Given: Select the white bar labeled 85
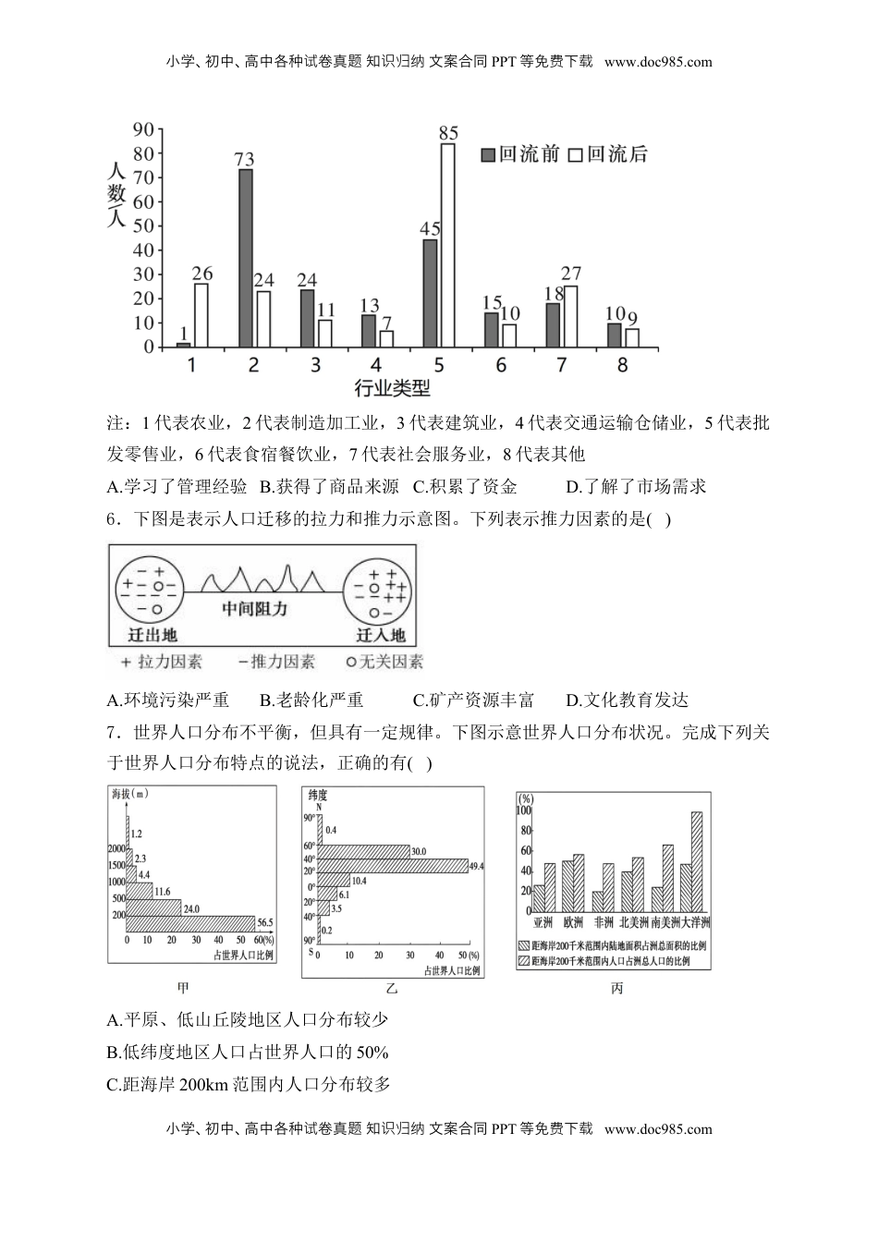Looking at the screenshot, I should coord(448,245).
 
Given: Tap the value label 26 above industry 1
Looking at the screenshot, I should coord(202,274).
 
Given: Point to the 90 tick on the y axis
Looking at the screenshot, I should coord(143,129).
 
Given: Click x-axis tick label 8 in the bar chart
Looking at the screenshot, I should coord(622,365).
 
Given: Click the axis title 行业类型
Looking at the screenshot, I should coord(392,389).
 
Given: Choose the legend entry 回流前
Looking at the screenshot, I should coord(520,154).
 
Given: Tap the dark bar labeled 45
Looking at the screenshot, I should coord(430,293).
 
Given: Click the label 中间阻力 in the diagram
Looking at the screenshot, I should coord(255,609).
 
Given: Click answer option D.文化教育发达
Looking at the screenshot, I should coord(627,700).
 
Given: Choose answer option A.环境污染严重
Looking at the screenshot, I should coord(168,700).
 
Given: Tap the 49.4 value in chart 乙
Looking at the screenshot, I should coord(477,866).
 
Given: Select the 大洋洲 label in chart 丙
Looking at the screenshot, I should coord(695,922).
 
